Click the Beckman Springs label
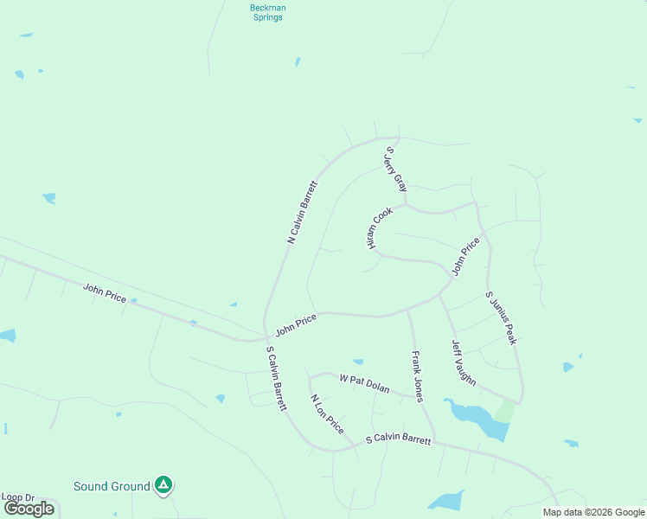point(267,12)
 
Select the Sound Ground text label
point(112,486)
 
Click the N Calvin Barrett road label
point(303,212)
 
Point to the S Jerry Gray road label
point(395,169)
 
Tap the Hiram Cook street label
point(380,228)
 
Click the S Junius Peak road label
point(501,317)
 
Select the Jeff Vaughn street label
point(464,362)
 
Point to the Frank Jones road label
point(417,375)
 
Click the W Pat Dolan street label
point(366,380)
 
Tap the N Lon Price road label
point(327,414)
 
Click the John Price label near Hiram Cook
point(465,256)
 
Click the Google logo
point(29,509)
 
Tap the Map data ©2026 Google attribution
point(593,512)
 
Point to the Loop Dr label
point(17,497)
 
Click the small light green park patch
point(504,412)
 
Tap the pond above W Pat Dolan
point(358,362)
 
